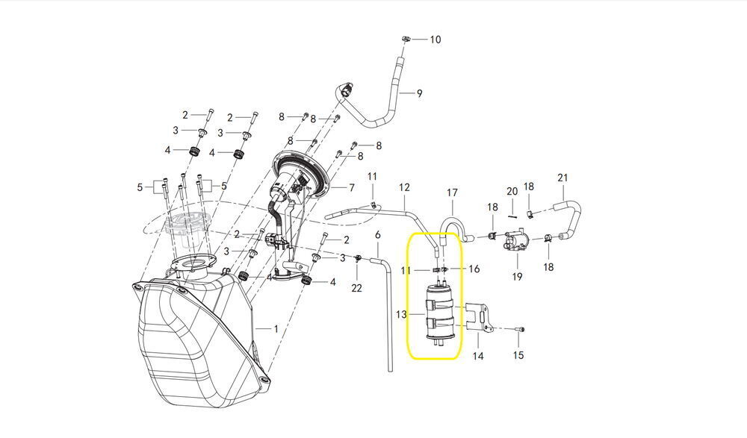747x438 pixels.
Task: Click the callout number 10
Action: tap(435, 39)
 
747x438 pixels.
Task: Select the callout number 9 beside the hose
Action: tap(419, 93)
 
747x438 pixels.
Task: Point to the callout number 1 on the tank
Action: tap(275, 328)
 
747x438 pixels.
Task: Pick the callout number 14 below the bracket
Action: tap(478, 357)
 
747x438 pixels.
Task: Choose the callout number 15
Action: tap(518, 355)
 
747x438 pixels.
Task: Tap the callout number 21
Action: tap(562, 178)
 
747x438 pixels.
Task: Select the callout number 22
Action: tap(356, 288)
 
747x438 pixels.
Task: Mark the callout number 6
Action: tap(378, 235)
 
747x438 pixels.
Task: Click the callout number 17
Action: tap(452, 193)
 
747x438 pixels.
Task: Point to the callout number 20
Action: tap(512, 192)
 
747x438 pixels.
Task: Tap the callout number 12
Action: tap(404, 187)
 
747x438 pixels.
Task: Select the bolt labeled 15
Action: tap(520, 329)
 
